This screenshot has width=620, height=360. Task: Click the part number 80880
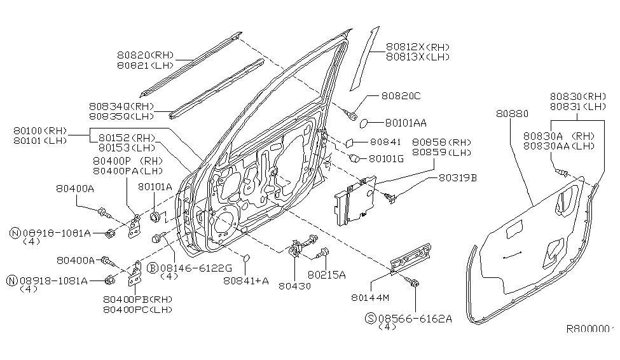[x=510, y=114]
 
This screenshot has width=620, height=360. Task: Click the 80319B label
[x=457, y=178]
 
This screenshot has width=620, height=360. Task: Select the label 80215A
[x=326, y=275]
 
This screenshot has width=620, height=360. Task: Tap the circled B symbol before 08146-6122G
[x=153, y=268]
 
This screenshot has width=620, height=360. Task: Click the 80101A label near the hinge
[x=155, y=187]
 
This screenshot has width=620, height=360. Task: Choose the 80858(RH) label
[x=441, y=143]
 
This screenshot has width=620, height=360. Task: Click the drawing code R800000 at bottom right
[x=591, y=329]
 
